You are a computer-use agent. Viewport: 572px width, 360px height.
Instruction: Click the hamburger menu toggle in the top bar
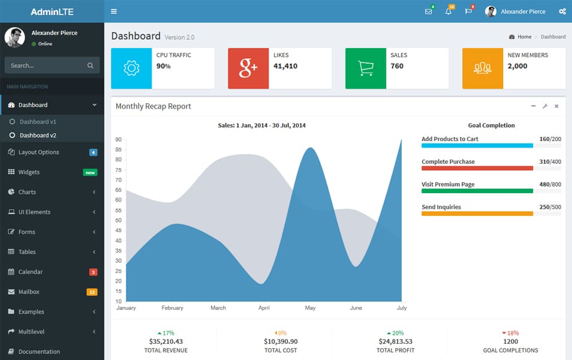[114, 11]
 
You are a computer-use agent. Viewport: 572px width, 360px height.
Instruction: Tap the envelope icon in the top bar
[428, 11]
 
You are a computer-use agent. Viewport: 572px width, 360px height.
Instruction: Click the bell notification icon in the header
[448, 11]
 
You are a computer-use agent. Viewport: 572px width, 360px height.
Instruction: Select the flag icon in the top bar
[468, 11]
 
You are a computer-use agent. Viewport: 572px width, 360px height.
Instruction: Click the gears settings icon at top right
[562, 11]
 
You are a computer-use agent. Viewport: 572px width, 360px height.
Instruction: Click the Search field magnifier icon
[91, 65]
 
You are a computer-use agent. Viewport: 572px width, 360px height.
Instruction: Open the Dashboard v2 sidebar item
[38, 135]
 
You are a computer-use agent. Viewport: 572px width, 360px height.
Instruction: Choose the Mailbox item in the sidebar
[29, 292]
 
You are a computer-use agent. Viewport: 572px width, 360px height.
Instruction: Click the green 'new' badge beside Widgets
[90, 172]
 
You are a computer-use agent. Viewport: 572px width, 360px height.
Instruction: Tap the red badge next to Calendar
[93, 272]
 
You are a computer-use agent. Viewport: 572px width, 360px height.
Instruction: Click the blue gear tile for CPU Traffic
[131, 68]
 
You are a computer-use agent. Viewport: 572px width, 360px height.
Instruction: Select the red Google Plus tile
[248, 68]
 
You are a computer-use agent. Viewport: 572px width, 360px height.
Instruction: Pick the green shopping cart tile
[366, 68]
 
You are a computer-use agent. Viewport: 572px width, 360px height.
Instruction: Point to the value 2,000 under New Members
[517, 66]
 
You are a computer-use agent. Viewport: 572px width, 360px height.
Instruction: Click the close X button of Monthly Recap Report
[556, 106]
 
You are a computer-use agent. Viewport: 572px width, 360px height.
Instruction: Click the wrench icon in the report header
[545, 106]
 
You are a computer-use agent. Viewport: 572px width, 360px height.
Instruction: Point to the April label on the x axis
[264, 308]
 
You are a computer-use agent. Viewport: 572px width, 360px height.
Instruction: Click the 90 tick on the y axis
[119, 139]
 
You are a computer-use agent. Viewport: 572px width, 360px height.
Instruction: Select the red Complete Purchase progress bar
[477, 168]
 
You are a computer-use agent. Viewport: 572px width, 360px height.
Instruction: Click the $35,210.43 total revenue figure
[166, 341]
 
